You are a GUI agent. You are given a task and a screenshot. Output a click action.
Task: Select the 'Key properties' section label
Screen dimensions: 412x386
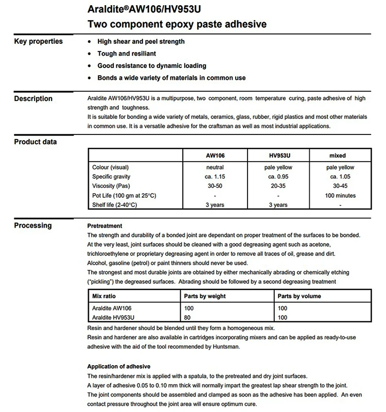(x=39, y=41)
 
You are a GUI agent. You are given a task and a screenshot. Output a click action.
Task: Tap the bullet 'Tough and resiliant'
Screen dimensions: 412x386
(x=127, y=54)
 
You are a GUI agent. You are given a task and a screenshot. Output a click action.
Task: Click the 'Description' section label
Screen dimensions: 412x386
(x=33, y=98)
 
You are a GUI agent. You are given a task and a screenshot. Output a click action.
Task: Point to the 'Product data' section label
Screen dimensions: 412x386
(x=36, y=142)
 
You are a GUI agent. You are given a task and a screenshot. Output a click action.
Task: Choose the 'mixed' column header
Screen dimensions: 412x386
(x=337, y=155)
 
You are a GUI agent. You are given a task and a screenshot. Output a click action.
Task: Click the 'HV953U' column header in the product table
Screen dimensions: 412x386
(x=278, y=155)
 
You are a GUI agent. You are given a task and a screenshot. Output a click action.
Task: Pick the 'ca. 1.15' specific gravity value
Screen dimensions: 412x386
(x=215, y=177)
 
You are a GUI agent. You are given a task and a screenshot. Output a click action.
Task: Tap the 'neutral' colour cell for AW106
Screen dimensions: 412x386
(x=215, y=167)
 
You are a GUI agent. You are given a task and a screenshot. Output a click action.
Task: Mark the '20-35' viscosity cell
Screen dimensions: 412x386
(x=278, y=186)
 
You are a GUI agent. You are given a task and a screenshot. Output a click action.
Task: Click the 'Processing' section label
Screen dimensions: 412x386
(x=33, y=225)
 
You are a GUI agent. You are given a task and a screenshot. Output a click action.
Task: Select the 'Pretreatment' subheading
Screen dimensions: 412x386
(x=105, y=226)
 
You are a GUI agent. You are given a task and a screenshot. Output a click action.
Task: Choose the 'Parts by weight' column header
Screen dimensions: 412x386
(x=205, y=296)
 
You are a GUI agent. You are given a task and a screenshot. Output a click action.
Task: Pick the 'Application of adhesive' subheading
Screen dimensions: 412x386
(x=119, y=366)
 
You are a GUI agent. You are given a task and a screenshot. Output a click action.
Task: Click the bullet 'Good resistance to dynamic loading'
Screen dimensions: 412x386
(x=152, y=66)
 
